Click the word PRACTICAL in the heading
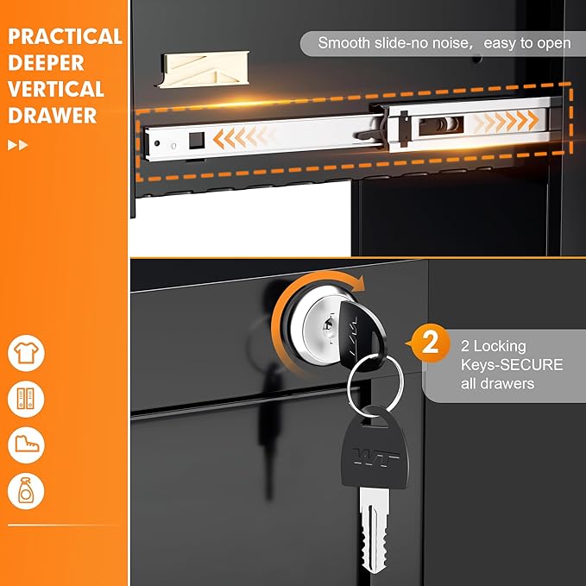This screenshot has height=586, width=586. (x=65, y=36)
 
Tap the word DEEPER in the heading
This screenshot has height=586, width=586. (x=46, y=62)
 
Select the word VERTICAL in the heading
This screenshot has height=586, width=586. (x=56, y=89)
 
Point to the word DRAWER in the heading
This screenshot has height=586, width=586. (x=53, y=116)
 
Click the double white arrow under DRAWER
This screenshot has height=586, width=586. (x=17, y=145)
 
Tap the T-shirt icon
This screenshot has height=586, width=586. (x=26, y=353)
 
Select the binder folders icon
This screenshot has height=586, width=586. (x=26, y=399)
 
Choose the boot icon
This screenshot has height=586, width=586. (x=26, y=444)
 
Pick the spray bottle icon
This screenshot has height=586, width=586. (x=26, y=491)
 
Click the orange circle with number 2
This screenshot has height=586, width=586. (x=430, y=343)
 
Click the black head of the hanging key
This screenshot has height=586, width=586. (x=375, y=449)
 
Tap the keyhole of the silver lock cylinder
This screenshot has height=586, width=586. (x=328, y=326)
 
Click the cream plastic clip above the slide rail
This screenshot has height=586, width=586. (x=204, y=69)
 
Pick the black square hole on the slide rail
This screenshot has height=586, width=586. (x=197, y=141)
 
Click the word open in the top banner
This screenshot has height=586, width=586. (x=554, y=44)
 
